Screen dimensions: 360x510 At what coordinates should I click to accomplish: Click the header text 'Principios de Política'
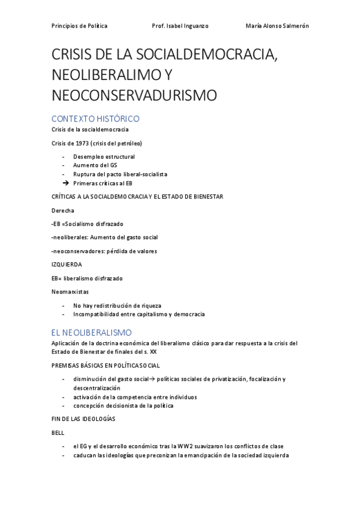(x=79, y=26)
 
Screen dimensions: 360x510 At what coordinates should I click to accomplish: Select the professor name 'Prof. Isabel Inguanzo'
(x=180, y=26)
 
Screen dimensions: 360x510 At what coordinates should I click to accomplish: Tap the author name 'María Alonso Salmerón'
(x=277, y=26)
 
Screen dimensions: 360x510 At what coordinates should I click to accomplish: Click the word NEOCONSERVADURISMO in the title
(x=134, y=95)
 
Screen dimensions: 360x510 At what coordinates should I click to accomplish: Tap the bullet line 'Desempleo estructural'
(x=104, y=156)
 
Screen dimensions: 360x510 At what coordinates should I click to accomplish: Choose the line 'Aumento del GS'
(x=95, y=165)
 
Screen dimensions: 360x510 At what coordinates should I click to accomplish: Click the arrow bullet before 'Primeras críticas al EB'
(x=66, y=182)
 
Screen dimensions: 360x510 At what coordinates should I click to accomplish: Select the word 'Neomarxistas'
(x=70, y=292)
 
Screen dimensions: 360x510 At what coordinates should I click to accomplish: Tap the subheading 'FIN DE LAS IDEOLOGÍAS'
(x=84, y=418)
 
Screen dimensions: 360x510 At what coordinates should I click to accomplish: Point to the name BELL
(x=59, y=432)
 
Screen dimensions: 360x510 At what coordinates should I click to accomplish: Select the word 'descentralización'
(x=99, y=388)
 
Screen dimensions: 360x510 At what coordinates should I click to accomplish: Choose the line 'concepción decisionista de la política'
(x=123, y=405)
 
